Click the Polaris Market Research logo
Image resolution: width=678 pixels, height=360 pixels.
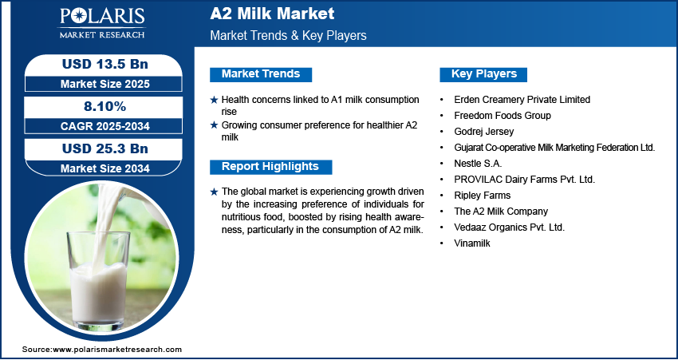click(102, 23)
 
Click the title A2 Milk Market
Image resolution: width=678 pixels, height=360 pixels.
click(272, 14)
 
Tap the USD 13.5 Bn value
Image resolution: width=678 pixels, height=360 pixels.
click(105, 64)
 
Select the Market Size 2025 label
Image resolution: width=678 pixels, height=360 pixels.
click(105, 84)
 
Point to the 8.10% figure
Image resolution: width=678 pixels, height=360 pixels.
click(104, 106)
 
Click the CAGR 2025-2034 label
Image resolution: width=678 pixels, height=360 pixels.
click(105, 126)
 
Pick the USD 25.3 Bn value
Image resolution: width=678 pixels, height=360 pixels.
click(105, 148)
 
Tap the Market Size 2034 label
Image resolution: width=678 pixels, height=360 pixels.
click(105, 168)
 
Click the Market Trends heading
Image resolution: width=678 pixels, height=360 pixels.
click(261, 74)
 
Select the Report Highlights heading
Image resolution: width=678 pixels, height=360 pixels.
click(270, 167)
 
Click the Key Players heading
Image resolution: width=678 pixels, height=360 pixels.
click(483, 74)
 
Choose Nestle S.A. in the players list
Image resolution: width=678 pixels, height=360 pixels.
click(478, 163)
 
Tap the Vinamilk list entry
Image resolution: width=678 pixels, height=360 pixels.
click(472, 243)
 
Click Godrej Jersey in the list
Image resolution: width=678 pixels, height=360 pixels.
click(484, 131)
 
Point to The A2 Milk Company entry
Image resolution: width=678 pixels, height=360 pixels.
click(501, 212)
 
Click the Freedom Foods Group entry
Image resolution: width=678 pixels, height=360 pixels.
click(503, 116)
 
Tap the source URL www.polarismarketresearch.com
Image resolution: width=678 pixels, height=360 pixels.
click(117, 349)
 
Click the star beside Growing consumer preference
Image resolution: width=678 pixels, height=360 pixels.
click(214, 125)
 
